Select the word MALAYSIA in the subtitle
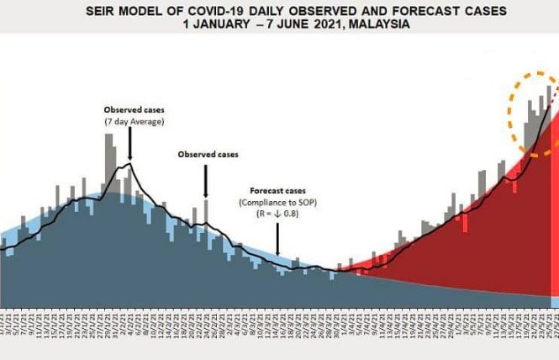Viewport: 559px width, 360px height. (377, 24)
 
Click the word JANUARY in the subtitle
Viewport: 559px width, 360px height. (229, 24)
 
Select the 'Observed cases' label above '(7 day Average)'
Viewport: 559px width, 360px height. (134, 110)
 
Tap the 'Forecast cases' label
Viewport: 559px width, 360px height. (279, 190)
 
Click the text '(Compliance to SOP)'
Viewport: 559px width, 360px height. (279, 203)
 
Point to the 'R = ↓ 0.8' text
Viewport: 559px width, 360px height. (279, 215)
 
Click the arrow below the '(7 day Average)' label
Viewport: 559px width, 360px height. (130, 145)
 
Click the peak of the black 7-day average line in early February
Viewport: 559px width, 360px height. (127, 165)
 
